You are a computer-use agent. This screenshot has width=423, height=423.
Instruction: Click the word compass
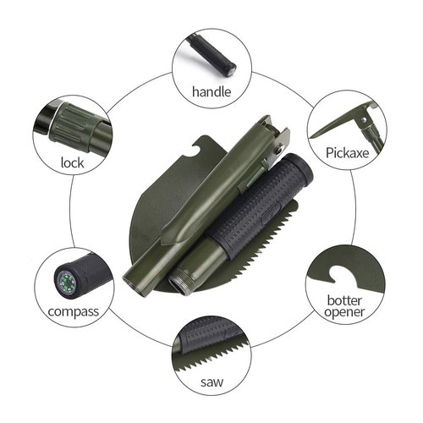click(74, 311)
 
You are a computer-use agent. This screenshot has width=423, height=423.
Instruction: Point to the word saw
click(211, 379)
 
